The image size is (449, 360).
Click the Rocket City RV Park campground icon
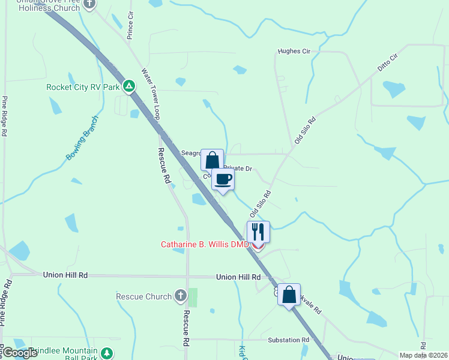point(128,86)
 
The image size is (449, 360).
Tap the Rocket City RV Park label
point(83,87)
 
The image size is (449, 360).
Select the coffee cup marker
point(223,179)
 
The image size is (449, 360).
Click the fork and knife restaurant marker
point(258,232)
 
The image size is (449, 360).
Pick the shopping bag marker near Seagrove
point(212,160)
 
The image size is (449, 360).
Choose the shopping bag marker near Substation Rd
point(289,295)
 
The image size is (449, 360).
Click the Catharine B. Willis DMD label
point(204,244)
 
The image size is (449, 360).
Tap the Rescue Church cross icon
point(180,296)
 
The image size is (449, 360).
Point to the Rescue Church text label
point(143,296)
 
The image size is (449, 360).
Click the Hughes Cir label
point(294,52)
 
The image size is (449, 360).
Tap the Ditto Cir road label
point(388,64)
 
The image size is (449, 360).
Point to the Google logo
point(19,353)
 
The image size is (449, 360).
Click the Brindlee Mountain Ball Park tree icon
point(107,353)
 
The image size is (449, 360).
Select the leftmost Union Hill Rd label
point(65,275)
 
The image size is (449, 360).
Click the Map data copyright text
point(423,355)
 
